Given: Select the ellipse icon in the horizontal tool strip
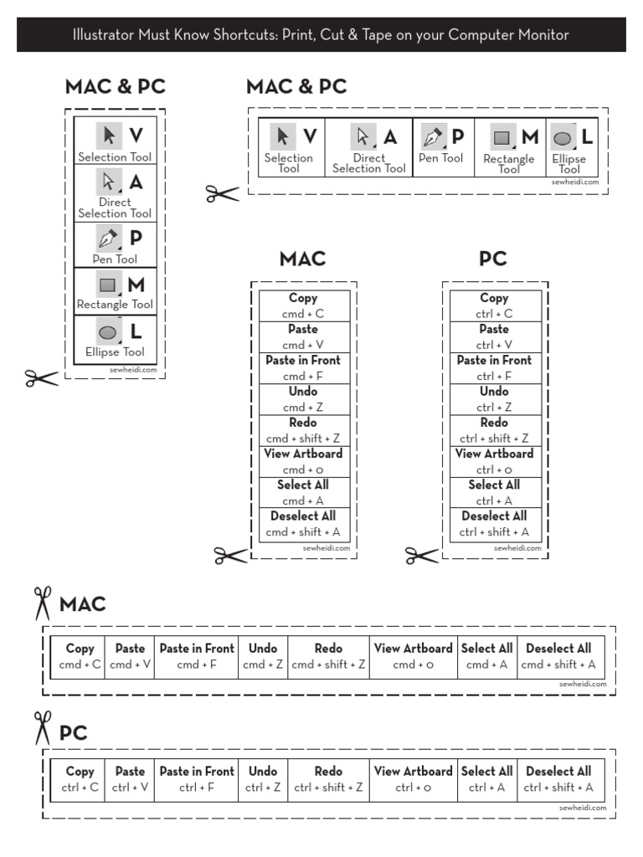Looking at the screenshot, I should coord(563,137).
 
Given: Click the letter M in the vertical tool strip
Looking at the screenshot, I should coord(136,285).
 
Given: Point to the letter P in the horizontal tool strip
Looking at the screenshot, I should coord(457,136).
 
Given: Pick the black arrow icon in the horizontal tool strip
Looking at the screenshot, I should coord(284,136).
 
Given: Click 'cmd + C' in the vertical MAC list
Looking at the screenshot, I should coord(302,314).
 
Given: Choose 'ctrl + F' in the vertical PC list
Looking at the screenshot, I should coord(494,376).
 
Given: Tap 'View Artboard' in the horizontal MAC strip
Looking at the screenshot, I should coord(413,648).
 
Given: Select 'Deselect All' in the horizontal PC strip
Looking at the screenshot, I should coord(558,771).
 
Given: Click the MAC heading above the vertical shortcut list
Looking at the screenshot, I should coord(302,259).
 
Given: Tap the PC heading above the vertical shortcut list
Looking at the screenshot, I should coord(493,259).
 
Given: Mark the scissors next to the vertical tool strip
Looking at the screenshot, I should coord(42,378).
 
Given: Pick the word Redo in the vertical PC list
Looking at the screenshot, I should coord(494,423).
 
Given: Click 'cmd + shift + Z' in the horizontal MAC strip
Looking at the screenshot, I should coord(328,665).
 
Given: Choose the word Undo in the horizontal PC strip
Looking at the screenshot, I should coord(263,771).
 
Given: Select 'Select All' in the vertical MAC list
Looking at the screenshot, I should coord(302,485).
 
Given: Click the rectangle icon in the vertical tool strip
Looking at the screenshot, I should coord(107,285).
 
